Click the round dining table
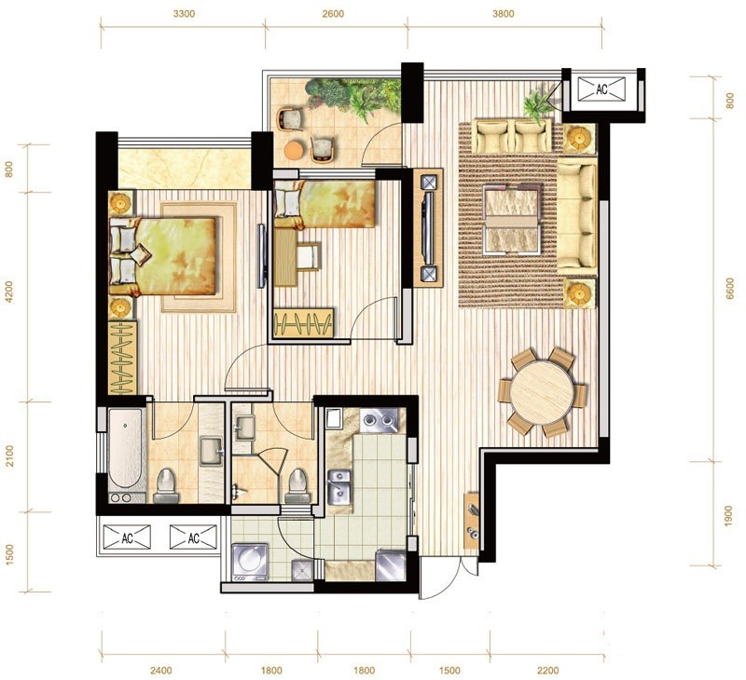click(x=542, y=392)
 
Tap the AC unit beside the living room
click(x=601, y=88)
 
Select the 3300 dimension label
click(x=184, y=14)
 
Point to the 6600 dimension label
click(x=730, y=289)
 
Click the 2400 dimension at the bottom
click(x=160, y=671)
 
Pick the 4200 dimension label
click(x=8, y=292)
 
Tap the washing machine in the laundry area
click(x=250, y=562)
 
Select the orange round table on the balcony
click(x=294, y=150)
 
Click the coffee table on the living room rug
click(x=513, y=218)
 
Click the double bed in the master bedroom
click(x=162, y=256)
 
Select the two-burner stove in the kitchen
click(x=379, y=420)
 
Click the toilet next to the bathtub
click(x=166, y=485)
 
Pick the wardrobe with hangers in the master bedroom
click(x=123, y=358)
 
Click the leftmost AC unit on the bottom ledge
click(x=127, y=537)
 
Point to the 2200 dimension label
click(x=548, y=671)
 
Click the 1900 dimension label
click(x=727, y=516)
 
